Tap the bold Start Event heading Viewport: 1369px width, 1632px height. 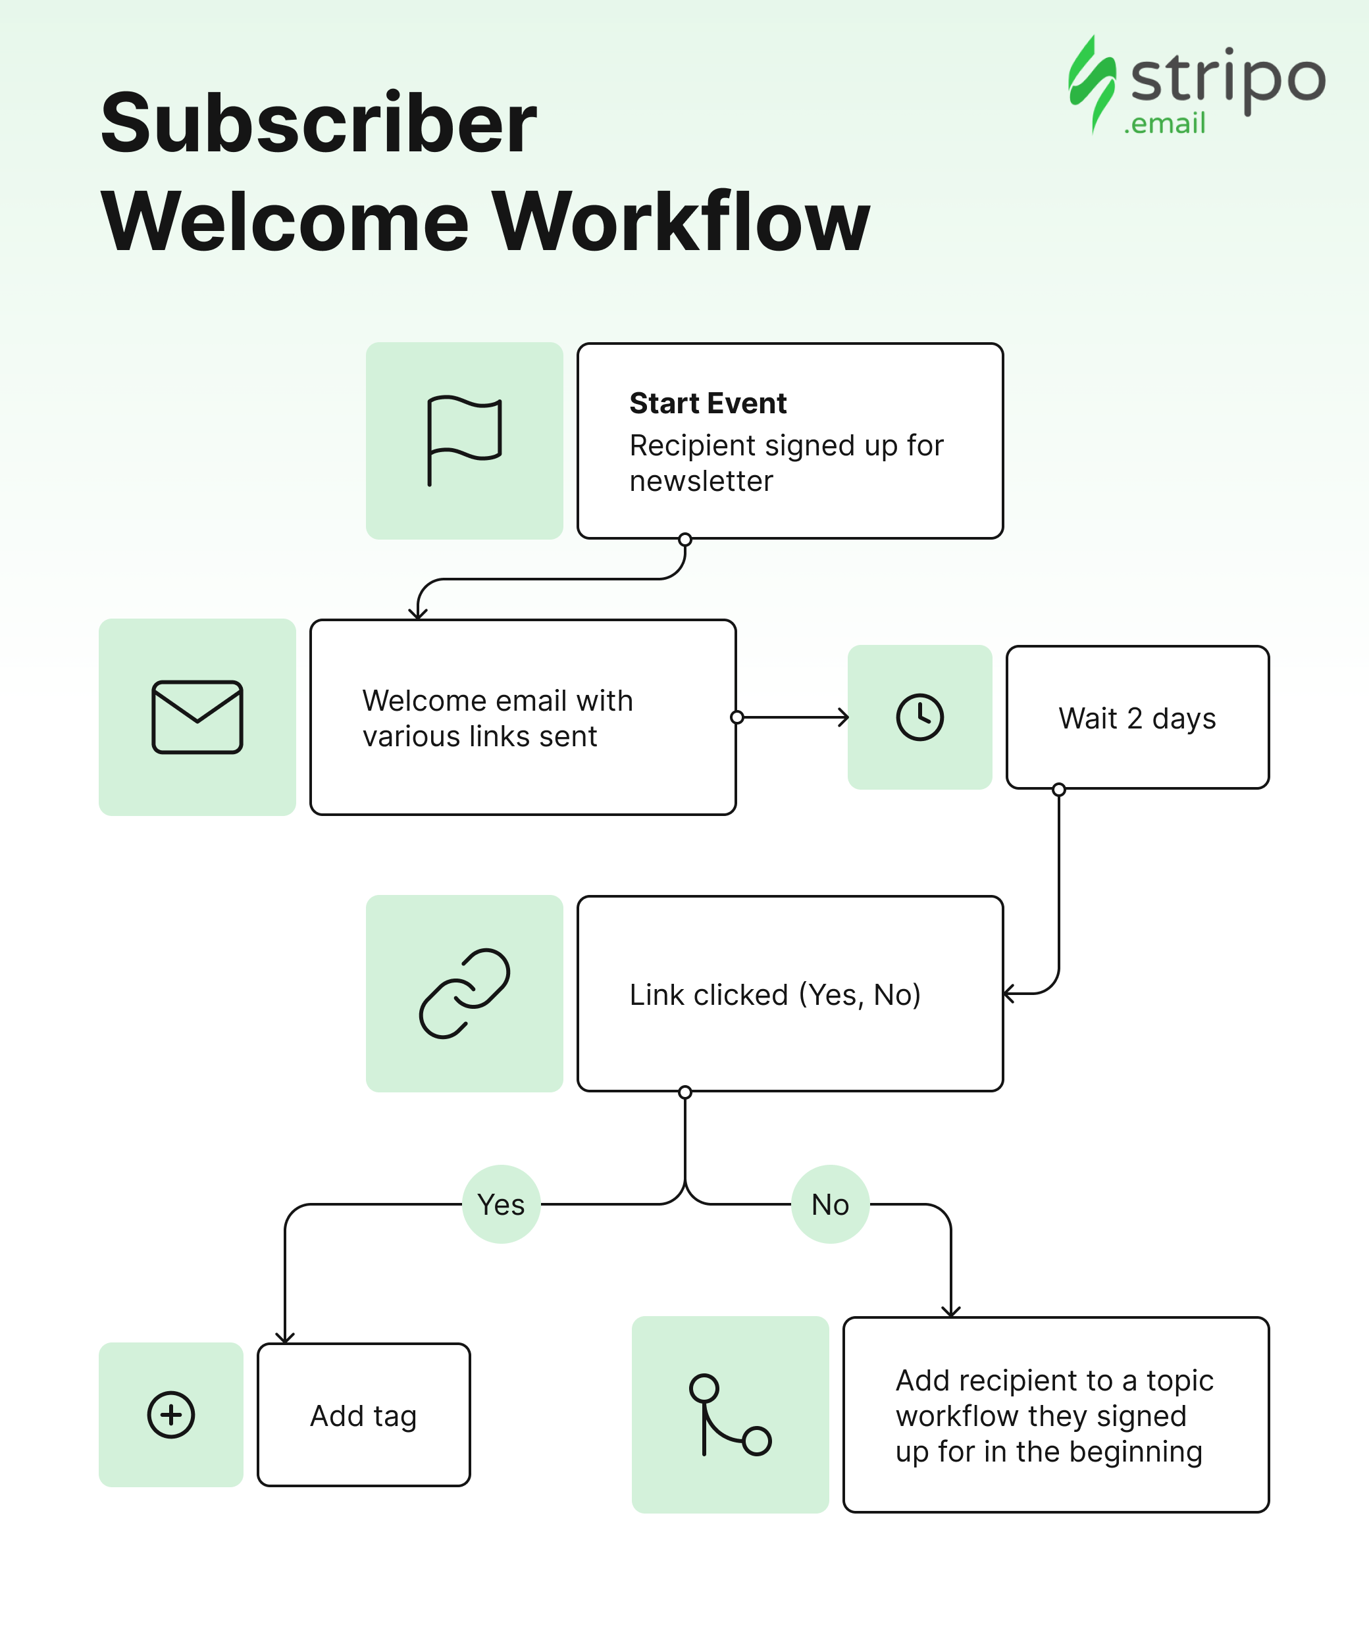click(x=708, y=403)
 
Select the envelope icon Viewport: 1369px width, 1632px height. click(x=197, y=717)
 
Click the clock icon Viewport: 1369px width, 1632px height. click(x=919, y=717)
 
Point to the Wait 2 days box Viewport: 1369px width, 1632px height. click(x=1137, y=717)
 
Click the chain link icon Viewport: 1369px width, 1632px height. click(x=464, y=993)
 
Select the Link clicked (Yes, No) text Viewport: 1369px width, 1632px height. click(x=775, y=995)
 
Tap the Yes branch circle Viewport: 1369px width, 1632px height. click(x=502, y=1204)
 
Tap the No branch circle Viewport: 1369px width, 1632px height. click(x=830, y=1204)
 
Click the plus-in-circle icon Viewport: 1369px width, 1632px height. click(x=171, y=1414)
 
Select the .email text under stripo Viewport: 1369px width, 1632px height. click(x=1164, y=124)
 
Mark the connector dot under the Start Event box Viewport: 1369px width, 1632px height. click(x=685, y=540)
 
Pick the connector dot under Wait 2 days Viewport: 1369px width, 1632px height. click(x=1059, y=790)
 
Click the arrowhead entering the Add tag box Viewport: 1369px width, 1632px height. click(x=285, y=1337)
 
